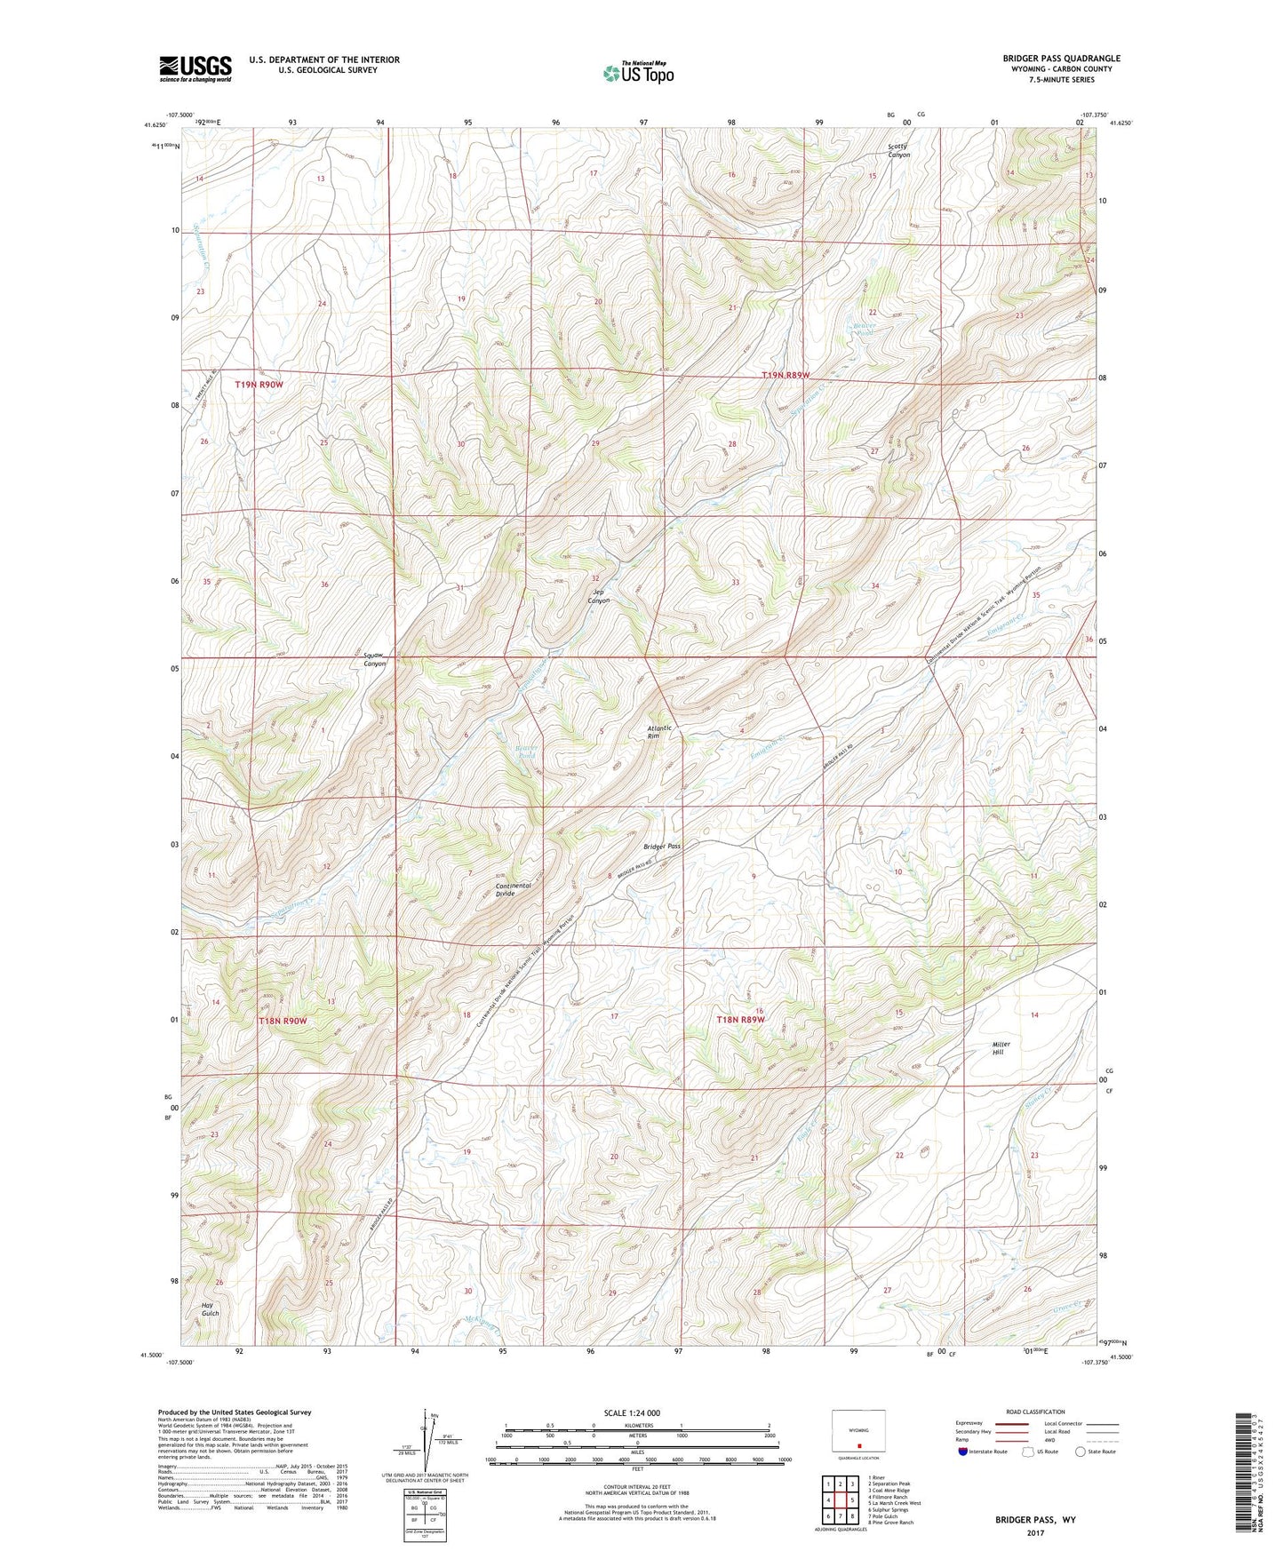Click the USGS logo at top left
pos(195,68)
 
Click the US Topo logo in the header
pos(636,73)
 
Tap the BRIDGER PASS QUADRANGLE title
pos(1060,59)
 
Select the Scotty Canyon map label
pos(899,150)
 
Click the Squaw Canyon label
pos(374,659)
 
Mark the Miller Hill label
pos(1001,1048)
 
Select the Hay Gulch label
pos(210,1308)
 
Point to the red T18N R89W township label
pos(740,1021)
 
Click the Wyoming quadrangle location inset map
pos(858,1432)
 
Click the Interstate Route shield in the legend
pos(964,1452)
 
